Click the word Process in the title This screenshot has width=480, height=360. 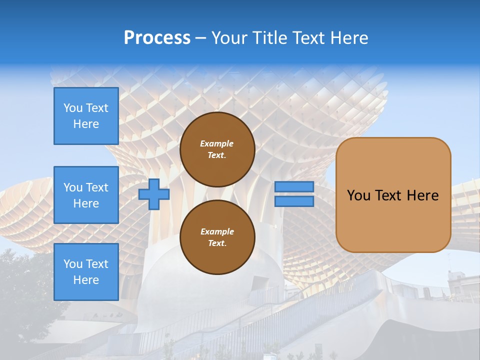[x=157, y=38]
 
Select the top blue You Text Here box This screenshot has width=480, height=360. [x=86, y=116]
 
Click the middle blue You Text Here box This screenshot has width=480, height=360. [x=86, y=195]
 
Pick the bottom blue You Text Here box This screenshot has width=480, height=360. [x=86, y=272]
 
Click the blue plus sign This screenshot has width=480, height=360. [x=154, y=194]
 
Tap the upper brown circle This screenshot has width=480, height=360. [x=217, y=149]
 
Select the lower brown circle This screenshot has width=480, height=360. [x=217, y=237]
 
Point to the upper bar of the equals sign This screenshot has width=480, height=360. [x=294, y=186]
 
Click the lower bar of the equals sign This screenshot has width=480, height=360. [x=294, y=201]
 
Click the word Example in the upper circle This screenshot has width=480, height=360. [x=217, y=143]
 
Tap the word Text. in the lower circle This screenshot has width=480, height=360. [x=217, y=243]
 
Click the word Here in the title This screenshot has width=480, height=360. [x=349, y=38]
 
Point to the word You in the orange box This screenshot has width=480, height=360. [x=359, y=195]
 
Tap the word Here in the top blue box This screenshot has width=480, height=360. [x=86, y=124]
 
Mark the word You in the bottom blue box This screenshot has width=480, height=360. [x=73, y=264]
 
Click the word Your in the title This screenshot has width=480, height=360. [x=229, y=38]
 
